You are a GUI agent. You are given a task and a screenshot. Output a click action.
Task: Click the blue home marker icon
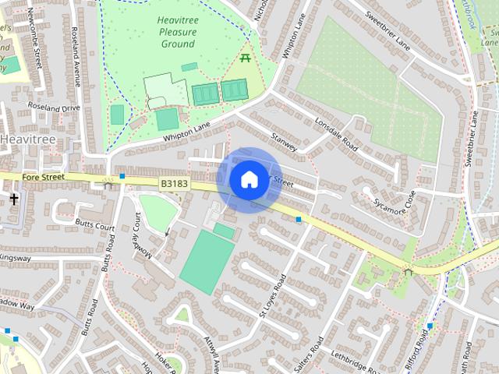(249, 180)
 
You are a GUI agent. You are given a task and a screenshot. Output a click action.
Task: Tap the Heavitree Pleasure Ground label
(177, 32)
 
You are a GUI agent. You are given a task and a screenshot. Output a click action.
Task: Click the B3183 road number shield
(174, 183)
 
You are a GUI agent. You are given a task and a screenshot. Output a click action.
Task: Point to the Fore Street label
(42, 178)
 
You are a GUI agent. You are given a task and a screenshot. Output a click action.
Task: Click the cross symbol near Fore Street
(13, 199)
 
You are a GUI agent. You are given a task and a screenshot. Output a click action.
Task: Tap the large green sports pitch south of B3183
(207, 262)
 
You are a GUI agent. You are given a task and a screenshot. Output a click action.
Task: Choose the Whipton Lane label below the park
(187, 131)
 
